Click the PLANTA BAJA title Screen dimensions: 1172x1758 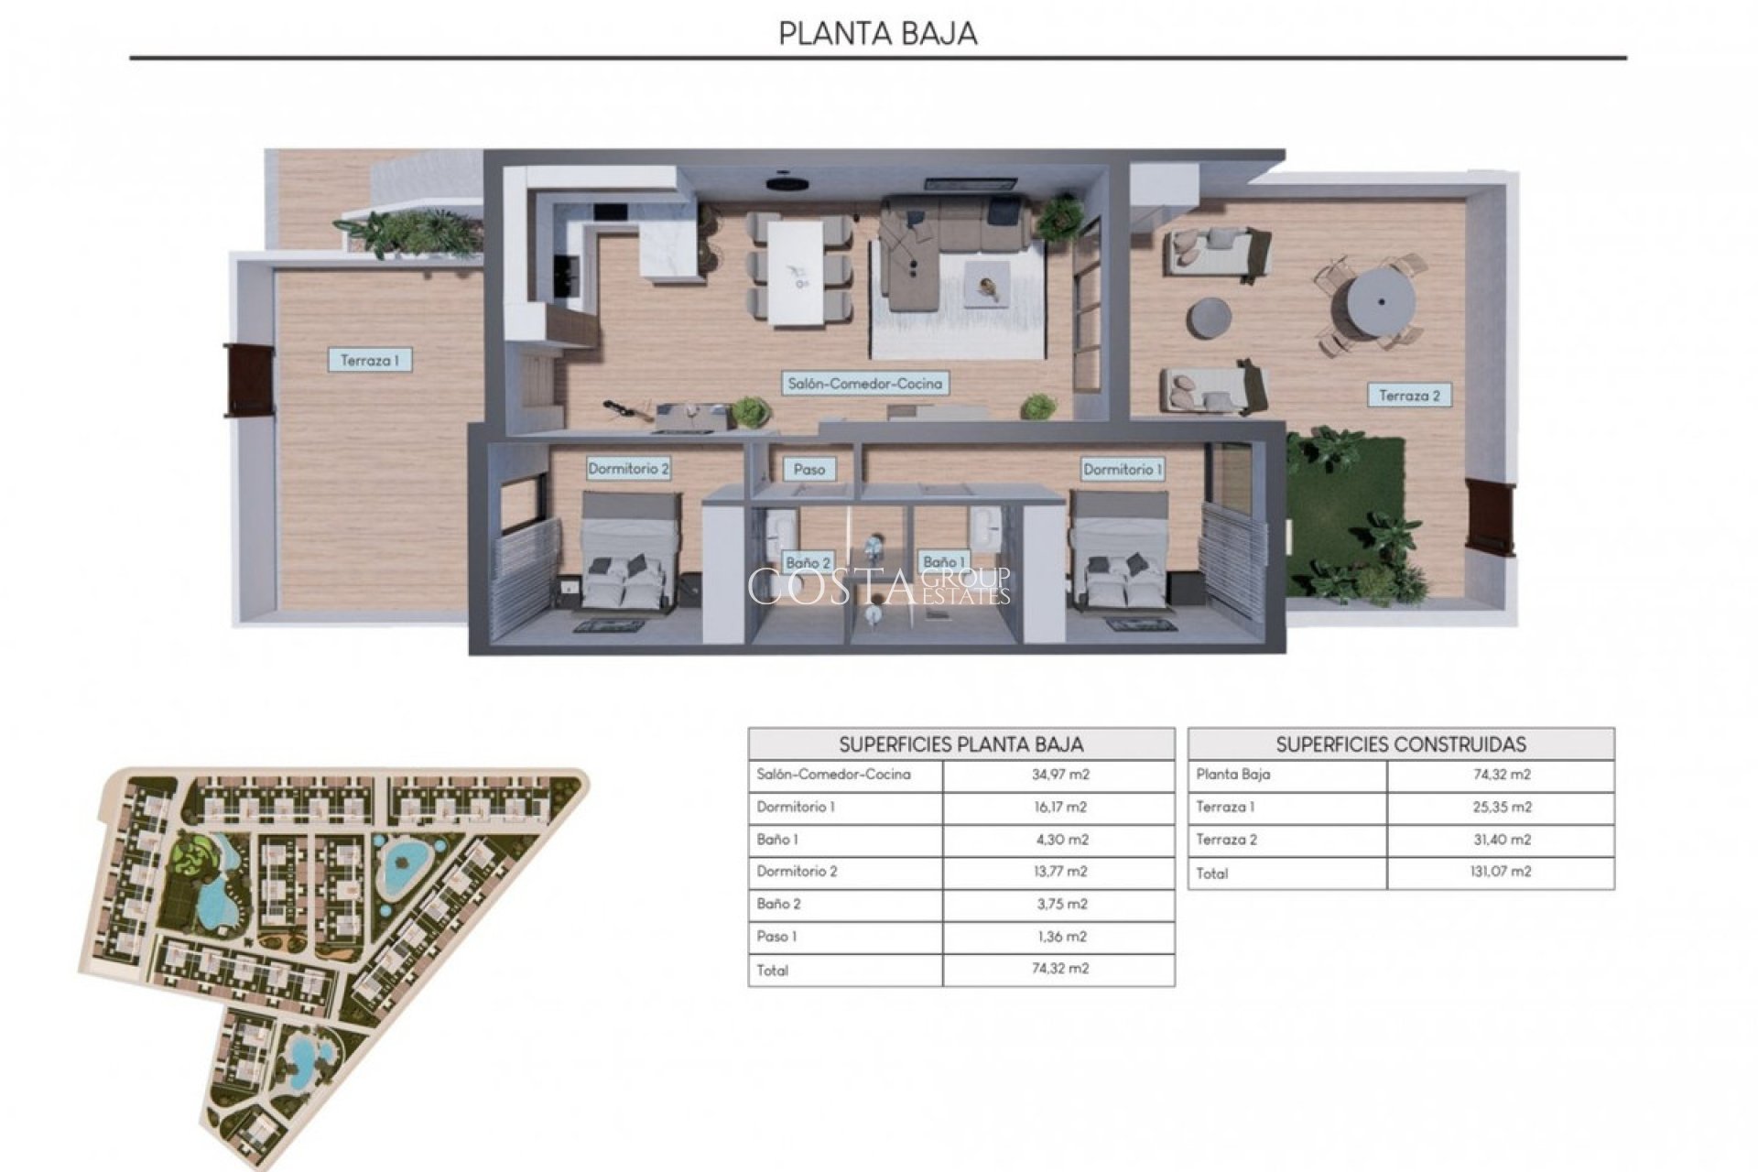tap(877, 33)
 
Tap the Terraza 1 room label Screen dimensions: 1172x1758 tap(369, 361)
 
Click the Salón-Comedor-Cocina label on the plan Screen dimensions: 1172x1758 tap(864, 384)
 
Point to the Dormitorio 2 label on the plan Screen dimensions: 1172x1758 tap(628, 469)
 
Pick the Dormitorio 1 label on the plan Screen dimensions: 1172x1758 tap(1123, 469)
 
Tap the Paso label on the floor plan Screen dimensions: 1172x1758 tap(809, 469)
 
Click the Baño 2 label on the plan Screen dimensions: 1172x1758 tap(808, 562)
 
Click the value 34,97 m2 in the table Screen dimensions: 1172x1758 tap(1060, 775)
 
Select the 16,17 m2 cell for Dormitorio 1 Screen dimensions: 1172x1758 tap(1060, 808)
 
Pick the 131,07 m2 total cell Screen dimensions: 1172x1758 tap(1501, 872)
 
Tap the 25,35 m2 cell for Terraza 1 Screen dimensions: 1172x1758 tap(1501, 808)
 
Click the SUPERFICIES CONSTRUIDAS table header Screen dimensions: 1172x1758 tap(1401, 744)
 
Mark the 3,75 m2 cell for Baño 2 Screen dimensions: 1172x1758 tap(1060, 905)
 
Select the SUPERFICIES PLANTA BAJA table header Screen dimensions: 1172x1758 tap(961, 744)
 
